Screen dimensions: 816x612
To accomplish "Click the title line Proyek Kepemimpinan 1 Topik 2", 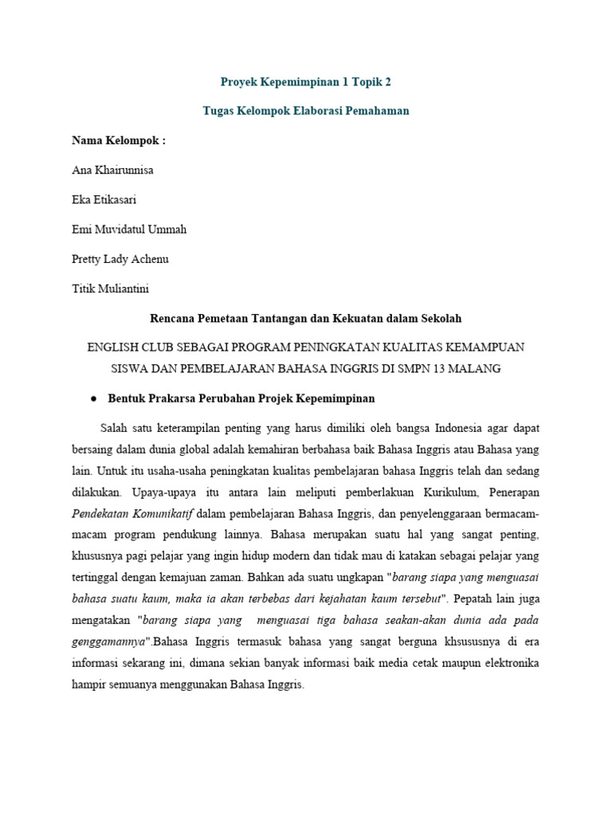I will (x=306, y=81).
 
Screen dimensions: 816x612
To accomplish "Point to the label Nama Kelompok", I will (x=119, y=141).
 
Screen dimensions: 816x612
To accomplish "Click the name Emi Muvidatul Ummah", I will (x=129, y=229).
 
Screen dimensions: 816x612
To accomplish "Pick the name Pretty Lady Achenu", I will (x=120, y=259).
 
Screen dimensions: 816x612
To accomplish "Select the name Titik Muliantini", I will (x=110, y=288).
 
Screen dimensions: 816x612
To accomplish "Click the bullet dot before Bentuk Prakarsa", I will (x=93, y=398).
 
